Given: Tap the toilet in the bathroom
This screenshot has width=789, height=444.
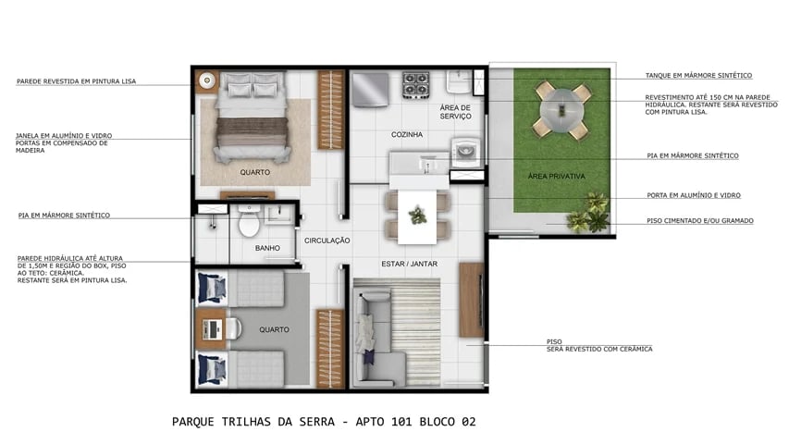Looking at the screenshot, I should pyautogui.click(x=248, y=223).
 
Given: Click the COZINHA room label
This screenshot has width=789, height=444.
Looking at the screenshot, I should pyautogui.click(x=407, y=135).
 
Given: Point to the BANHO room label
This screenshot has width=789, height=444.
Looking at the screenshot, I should pyautogui.click(x=267, y=248).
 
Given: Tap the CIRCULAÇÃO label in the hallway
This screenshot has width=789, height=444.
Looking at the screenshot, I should pyautogui.click(x=327, y=240).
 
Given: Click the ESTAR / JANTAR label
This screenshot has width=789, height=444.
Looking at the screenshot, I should pyautogui.click(x=409, y=264).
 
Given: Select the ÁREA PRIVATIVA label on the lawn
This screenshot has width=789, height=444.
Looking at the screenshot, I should pyautogui.click(x=556, y=176).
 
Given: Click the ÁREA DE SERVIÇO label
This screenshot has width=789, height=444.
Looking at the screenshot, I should pyautogui.click(x=456, y=112).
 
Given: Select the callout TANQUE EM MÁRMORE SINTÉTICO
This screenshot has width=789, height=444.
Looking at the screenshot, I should pyautogui.click(x=698, y=75).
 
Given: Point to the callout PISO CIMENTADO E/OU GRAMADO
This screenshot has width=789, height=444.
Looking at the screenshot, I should pyautogui.click(x=699, y=221).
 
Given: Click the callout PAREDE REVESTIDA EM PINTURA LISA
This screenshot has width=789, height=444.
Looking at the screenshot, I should pyautogui.click(x=76, y=81).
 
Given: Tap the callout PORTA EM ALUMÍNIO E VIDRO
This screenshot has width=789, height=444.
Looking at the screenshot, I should pyautogui.click(x=694, y=195).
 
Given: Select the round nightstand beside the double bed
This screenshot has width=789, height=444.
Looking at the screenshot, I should pyautogui.click(x=207, y=80).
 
